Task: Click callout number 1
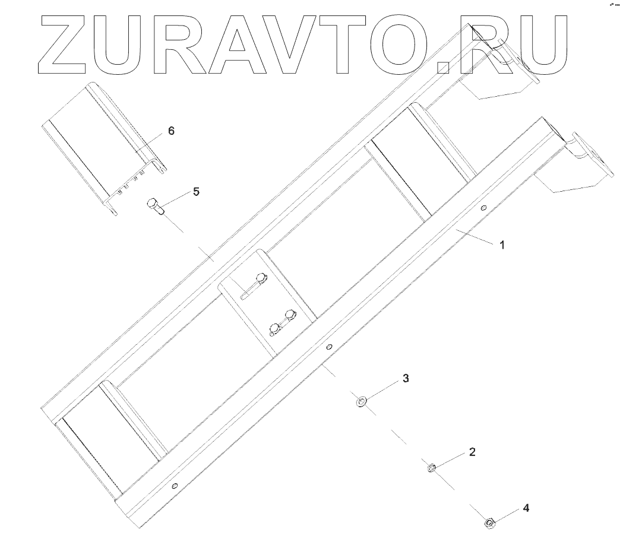[501, 244]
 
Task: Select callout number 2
[472, 452]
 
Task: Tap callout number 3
[406, 378]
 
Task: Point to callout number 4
[525, 508]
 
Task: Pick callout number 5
[196, 192]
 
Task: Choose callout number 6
[171, 131]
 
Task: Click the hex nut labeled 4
[489, 522]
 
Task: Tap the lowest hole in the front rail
[173, 486]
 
